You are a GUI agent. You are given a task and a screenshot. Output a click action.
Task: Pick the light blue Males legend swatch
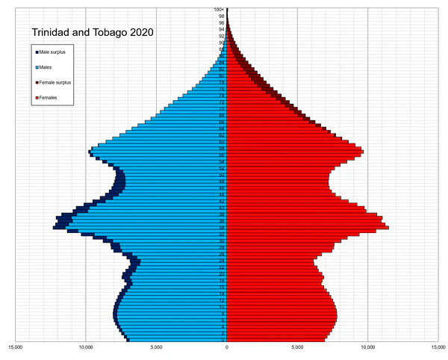click(36, 67)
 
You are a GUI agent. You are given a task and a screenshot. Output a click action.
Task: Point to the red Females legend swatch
click(36, 98)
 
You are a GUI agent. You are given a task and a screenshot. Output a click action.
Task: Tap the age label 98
click(222, 16)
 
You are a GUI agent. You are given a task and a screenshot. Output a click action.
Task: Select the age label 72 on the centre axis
click(222, 102)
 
